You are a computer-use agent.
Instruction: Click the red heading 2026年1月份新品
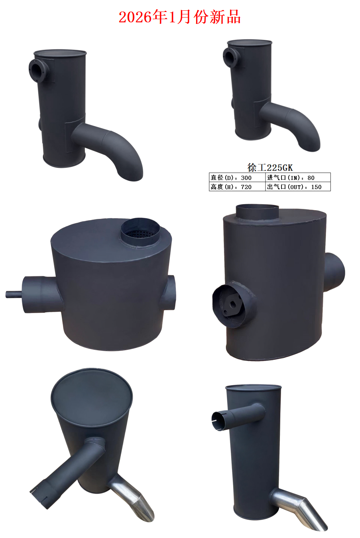[180, 17]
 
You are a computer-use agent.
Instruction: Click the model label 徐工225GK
[270, 168]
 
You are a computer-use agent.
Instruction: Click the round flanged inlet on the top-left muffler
[38, 71]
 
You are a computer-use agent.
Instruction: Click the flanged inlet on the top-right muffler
[232, 57]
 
